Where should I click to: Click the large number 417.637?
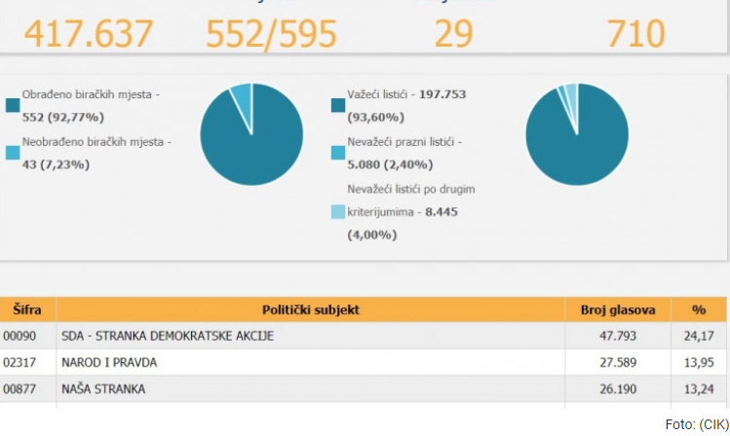[x=89, y=33]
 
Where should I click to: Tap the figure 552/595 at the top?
[x=271, y=33]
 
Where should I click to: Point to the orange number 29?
[x=453, y=33]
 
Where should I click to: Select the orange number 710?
[x=635, y=33]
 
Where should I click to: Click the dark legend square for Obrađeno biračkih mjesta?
[x=13, y=104]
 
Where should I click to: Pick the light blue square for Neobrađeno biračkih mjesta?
[x=13, y=152]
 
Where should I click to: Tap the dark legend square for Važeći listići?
[x=338, y=104]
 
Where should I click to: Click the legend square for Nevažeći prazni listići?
[x=338, y=152]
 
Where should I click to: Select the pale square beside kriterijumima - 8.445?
[x=338, y=211]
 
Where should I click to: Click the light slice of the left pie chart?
[x=240, y=94]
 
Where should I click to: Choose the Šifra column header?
[x=27, y=309]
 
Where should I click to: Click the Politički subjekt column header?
[x=311, y=309]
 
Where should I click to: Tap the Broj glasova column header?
[x=618, y=309]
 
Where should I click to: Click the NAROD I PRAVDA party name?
[x=109, y=362]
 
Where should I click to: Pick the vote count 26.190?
[x=634, y=388]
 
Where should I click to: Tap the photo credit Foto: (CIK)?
[x=695, y=424]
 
